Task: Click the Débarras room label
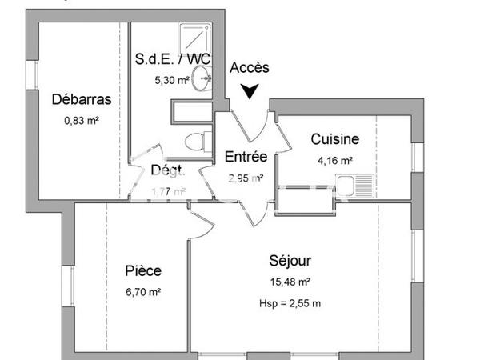pos(81,100)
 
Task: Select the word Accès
pos(250,69)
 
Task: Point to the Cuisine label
pos(335,139)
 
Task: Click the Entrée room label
pos(246,156)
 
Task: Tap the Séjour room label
pos(290,261)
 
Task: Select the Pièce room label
pos(142,270)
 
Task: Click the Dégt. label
pos(168,170)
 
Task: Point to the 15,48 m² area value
pos(290,282)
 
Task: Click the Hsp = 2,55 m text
pos(290,303)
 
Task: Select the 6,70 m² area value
pos(142,292)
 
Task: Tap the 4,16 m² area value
pos(335,161)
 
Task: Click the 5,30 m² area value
pos(172,80)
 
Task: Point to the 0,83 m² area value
pos(81,121)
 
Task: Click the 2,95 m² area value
pos(246,178)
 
